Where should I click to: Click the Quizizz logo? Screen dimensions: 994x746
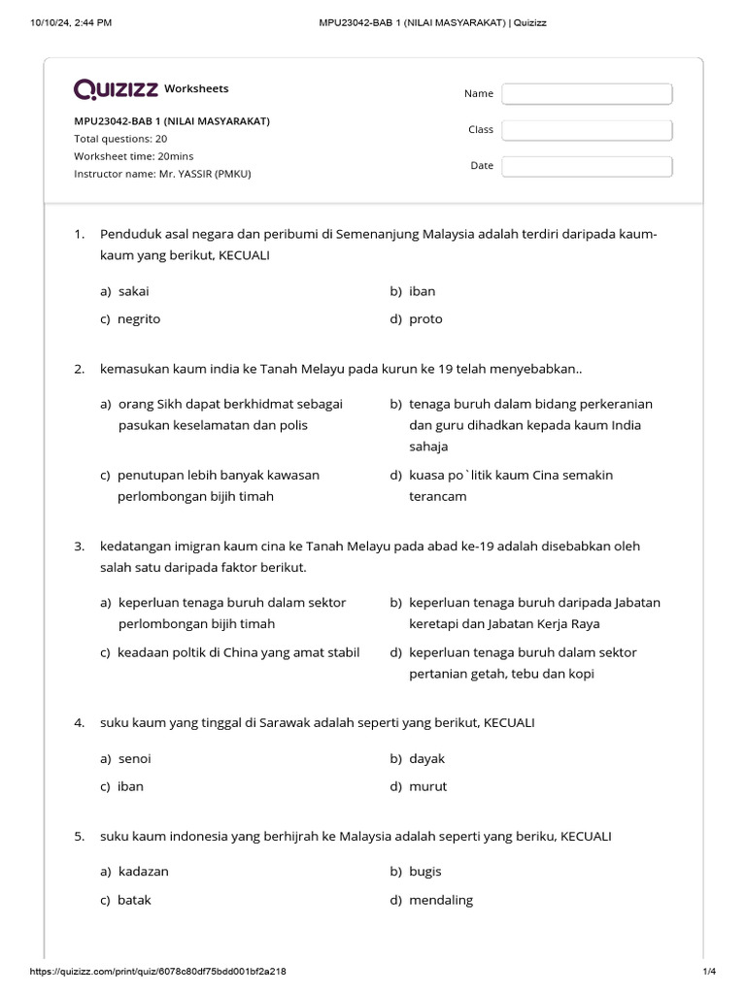[x=116, y=89]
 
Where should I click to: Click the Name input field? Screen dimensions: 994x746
[x=587, y=93]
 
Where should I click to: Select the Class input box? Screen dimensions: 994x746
[x=587, y=129]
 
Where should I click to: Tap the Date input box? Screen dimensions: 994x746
[x=587, y=166]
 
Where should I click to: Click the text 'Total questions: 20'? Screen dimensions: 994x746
[x=120, y=139]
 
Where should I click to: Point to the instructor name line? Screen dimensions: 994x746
[x=168, y=174]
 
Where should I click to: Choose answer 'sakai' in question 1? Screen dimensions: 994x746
[x=133, y=291]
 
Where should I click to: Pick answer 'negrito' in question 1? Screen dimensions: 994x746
[x=139, y=318]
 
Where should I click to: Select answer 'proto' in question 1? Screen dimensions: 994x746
[x=425, y=318]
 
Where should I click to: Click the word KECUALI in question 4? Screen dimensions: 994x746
[x=509, y=724]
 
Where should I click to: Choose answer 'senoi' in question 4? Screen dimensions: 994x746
[x=134, y=759]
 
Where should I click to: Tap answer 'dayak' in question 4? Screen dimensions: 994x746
[x=426, y=759]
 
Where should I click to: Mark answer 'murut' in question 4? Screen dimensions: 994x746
[x=427, y=786]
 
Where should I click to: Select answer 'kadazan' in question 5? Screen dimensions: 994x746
[x=143, y=872]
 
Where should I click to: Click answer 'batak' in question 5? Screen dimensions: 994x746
[x=134, y=900]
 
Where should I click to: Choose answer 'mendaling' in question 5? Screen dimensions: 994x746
[x=441, y=900]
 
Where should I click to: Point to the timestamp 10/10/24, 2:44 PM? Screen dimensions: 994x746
[x=71, y=22]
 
